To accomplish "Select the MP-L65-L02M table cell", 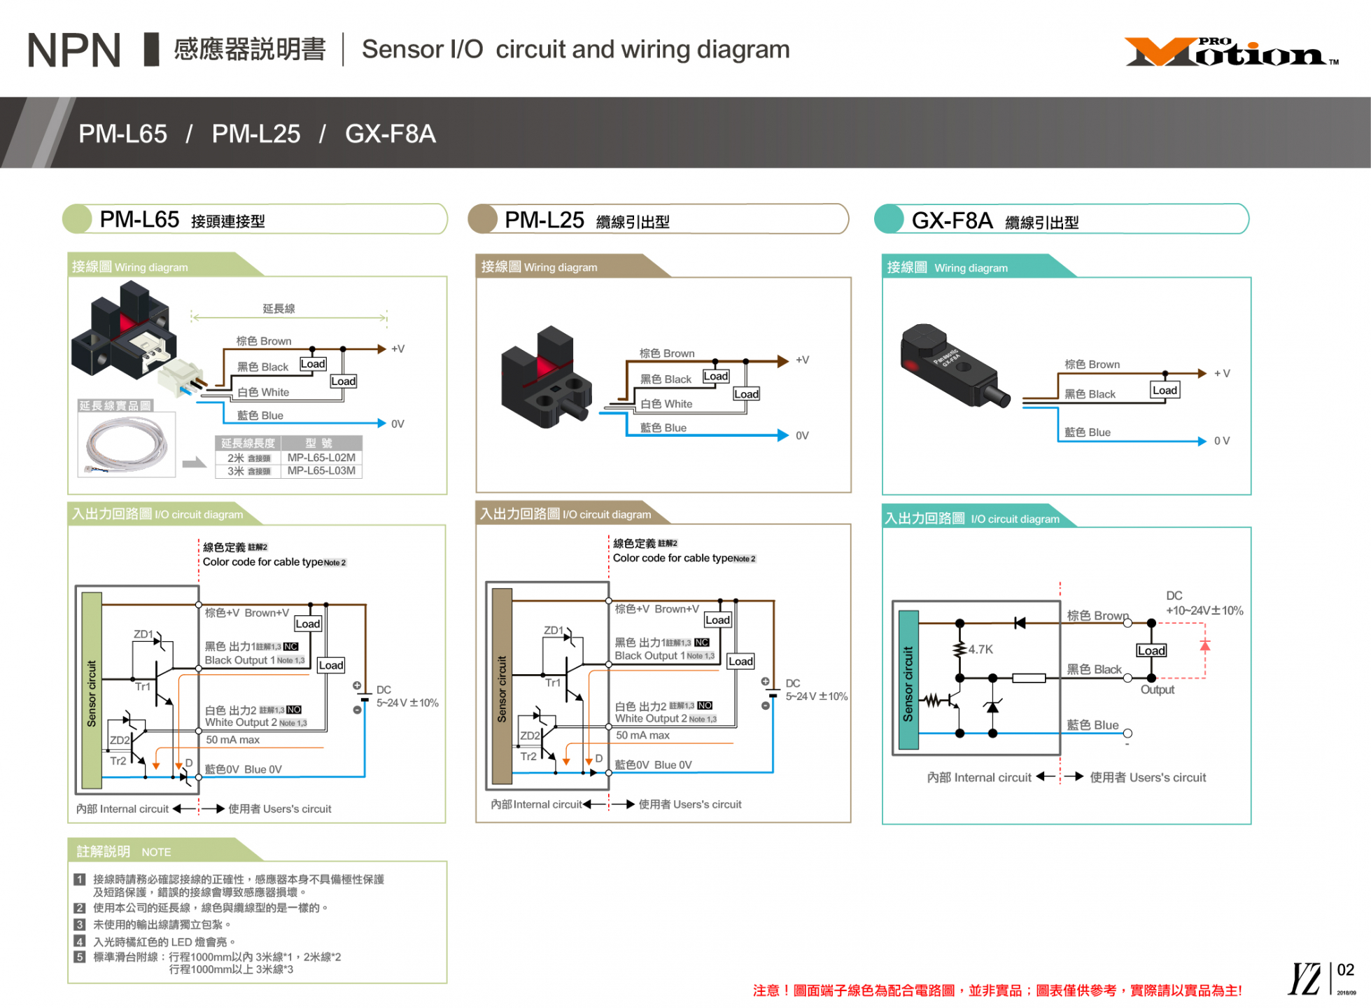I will pos(321,457).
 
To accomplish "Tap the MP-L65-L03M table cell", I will pos(321,470).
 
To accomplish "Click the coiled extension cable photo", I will pos(127,444).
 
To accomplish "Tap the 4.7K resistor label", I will pos(980,650).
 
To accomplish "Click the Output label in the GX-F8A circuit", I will pos(1157,689).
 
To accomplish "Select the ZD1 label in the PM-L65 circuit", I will pos(143,634).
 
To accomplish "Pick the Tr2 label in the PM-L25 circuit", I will pos(528,757).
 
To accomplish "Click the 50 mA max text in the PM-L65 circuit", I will pos(232,740).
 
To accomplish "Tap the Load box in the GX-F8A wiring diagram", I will pos(1165,390).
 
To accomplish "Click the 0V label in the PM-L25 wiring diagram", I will pos(802,435).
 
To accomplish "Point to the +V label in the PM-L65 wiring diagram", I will pos(398,349).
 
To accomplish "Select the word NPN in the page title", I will pos(73,50).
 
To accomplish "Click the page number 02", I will pos(1345,970).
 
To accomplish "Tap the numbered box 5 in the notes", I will pos(80,957).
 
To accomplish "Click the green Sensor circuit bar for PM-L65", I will pos(92,691).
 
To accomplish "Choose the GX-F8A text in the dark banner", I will pos(390,134).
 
